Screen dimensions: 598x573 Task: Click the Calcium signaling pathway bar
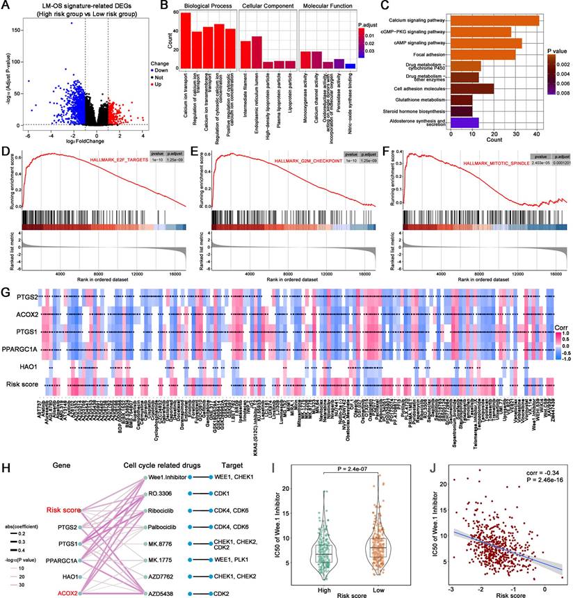pyautogui.click(x=494, y=21)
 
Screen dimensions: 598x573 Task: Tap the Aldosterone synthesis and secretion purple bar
pyautogui.click(x=465, y=122)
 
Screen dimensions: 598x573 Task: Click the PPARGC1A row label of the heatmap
pyautogui.click(x=21, y=349)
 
